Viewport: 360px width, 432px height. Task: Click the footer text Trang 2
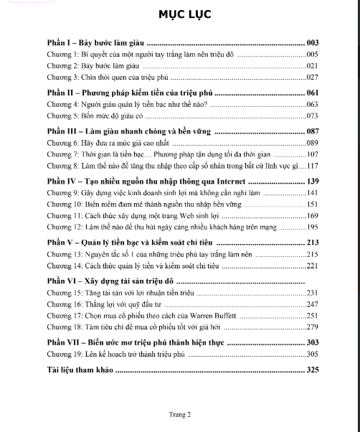point(179,414)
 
